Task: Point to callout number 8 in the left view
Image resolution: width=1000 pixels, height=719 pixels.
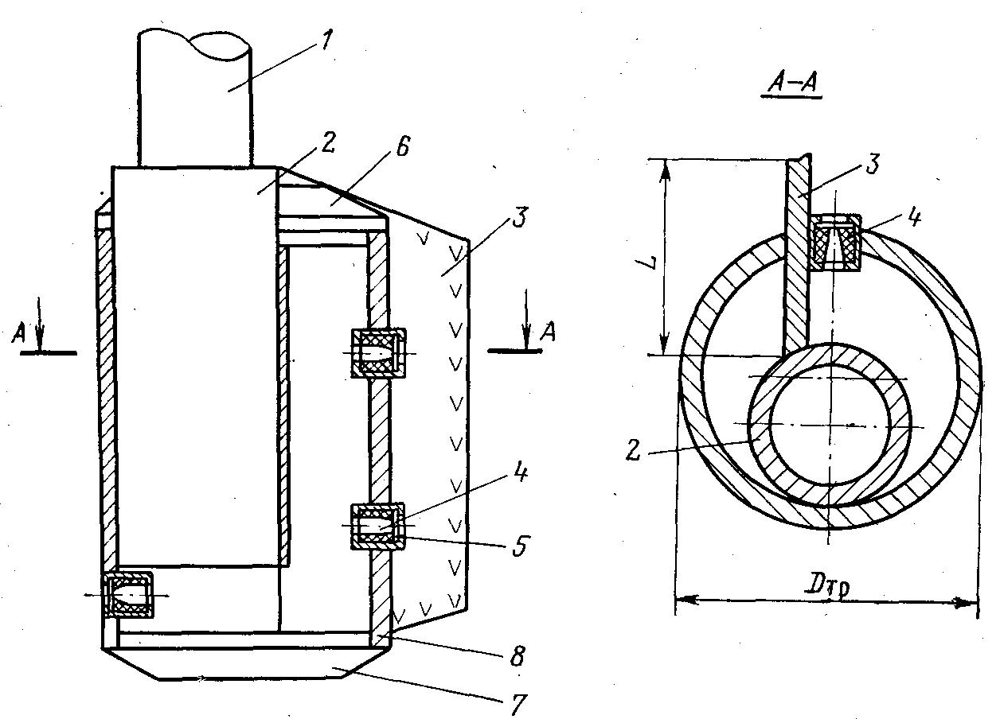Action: point(517,655)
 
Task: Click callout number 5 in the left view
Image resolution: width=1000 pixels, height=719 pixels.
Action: point(520,546)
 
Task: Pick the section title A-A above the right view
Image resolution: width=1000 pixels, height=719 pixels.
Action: point(791,84)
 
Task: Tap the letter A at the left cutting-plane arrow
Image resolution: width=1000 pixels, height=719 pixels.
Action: point(18,333)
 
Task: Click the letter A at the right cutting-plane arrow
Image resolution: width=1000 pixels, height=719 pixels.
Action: point(549,332)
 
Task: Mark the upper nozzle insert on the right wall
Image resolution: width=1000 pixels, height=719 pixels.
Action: point(378,353)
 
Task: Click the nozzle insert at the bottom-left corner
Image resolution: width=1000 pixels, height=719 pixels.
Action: point(128,595)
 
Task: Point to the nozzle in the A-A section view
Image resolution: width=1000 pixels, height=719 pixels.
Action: point(835,242)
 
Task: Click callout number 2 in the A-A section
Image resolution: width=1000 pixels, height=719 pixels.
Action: point(633,450)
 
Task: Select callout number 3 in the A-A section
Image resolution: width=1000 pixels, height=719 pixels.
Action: point(873,163)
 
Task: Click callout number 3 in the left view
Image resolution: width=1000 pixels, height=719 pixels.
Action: point(520,217)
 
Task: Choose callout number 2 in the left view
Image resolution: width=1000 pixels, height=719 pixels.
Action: point(328,142)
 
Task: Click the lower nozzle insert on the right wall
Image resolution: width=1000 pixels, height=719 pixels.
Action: point(378,527)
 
